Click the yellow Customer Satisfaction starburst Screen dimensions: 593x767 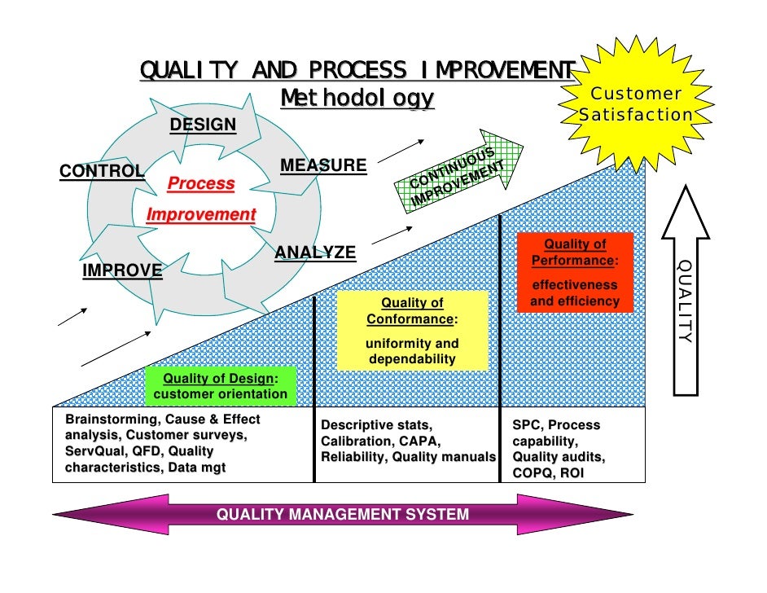(635, 104)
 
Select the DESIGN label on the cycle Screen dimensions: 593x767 (203, 125)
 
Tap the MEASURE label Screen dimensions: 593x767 (323, 166)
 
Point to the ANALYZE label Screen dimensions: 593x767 (315, 253)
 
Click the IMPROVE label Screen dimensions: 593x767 (122, 271)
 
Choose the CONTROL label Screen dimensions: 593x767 (102, 171)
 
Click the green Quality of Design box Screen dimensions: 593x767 (220, 386)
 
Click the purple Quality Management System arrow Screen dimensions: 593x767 (342, 514)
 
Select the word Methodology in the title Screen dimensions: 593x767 (357, 99)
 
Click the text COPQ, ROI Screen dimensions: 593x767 (548, 473)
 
